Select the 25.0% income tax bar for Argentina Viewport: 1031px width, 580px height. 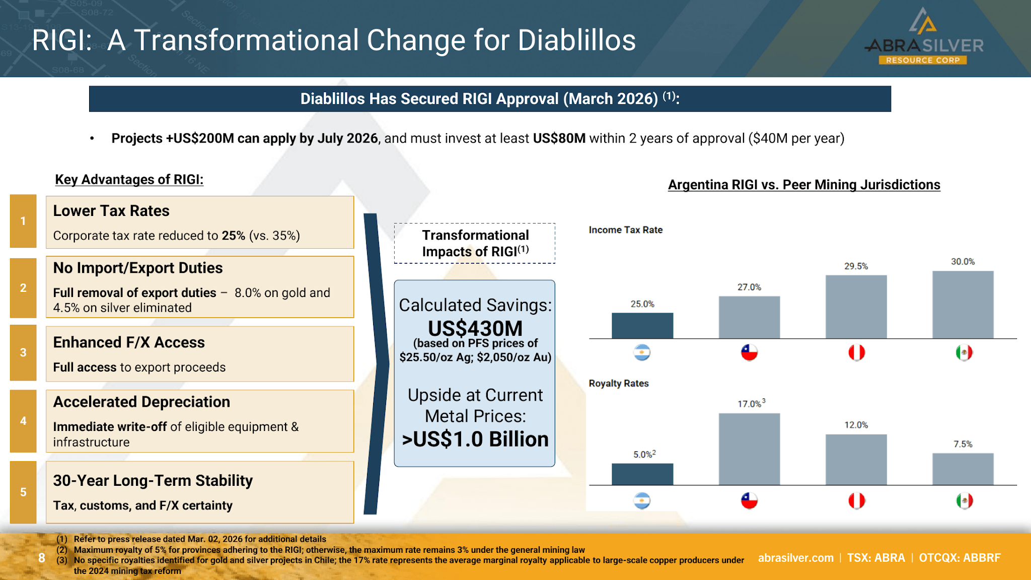point(642,326)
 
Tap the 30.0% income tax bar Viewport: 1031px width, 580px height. point(963,305)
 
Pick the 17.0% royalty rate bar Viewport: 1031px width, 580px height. point(749,449)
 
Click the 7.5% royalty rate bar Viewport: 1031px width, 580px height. point(963,469)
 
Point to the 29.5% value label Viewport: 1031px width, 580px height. point(856,266)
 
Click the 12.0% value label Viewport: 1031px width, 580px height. point(856,425)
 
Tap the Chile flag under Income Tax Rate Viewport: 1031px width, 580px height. point(749,352)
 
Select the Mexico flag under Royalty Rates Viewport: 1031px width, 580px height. point(964,501)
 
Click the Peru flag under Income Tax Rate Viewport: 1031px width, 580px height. point(856,352)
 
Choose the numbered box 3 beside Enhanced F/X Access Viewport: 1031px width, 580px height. point(23,352)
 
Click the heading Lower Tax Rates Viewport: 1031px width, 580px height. point(111,210)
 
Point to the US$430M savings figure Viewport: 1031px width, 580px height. point(475,328)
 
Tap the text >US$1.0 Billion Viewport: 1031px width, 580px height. point(475,439)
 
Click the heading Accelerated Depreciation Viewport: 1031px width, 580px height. point(141,402)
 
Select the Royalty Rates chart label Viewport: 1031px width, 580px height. point(619,383)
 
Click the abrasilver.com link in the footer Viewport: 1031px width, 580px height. point(796,558)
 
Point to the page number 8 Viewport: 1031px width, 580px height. point(42,558)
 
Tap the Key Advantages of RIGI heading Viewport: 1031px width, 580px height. point(129,179)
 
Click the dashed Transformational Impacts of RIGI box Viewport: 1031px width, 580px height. point(475,224)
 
